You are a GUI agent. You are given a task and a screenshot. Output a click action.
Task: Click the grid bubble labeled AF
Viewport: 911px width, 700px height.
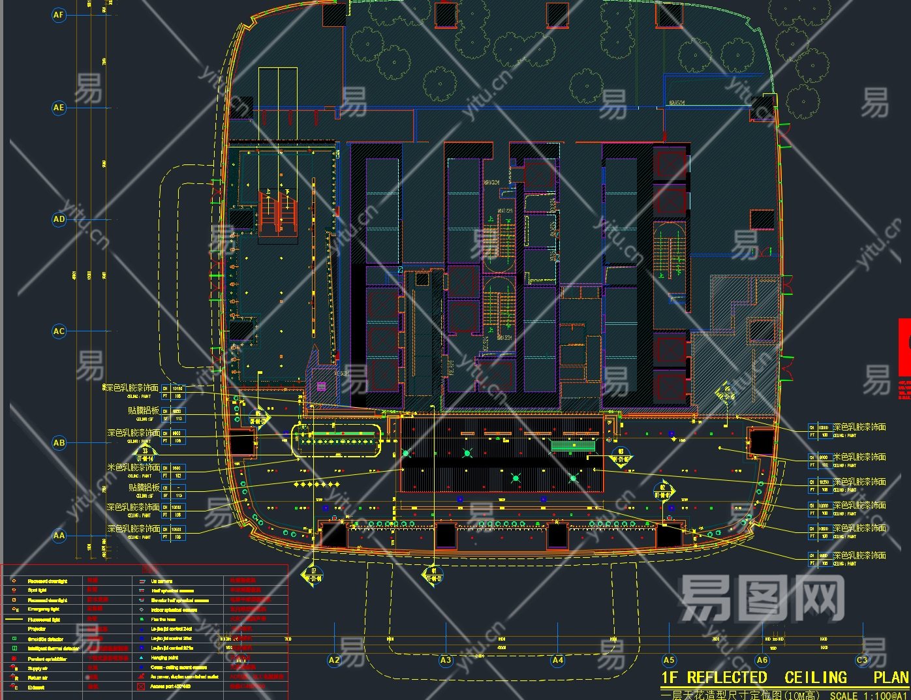[59, 15]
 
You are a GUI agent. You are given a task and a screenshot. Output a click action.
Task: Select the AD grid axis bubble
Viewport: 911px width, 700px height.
[59, 219]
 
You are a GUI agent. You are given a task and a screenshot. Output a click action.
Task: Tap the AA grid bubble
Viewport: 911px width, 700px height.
[59, 536]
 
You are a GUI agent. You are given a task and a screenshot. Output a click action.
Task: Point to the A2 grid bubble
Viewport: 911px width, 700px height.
[334, 660]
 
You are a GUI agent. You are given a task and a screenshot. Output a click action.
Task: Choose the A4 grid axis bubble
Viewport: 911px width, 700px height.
[557, 660]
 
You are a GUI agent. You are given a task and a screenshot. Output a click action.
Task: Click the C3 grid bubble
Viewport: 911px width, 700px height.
[862, 660]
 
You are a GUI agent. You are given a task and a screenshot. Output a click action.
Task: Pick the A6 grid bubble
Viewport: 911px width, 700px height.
[762, 660]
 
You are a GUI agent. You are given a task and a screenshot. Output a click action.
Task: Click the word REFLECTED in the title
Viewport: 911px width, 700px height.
[726, 678]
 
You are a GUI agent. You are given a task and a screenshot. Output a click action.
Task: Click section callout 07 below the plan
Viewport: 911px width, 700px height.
[313, 575]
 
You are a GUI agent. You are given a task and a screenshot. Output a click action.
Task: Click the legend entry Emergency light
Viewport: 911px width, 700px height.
[43, 609]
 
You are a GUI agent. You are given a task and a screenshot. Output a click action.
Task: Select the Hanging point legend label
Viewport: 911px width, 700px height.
[164, 658]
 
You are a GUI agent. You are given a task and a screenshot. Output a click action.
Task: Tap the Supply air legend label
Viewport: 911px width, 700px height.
[38, 668]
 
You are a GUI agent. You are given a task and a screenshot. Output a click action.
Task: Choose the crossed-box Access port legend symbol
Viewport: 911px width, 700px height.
[141, 687]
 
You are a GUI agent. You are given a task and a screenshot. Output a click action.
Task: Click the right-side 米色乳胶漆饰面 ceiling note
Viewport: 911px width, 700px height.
[859, 457]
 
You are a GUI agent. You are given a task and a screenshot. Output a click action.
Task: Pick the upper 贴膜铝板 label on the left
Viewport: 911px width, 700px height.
[144, 411]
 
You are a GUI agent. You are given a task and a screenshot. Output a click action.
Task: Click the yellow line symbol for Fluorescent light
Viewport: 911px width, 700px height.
[14, 619]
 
